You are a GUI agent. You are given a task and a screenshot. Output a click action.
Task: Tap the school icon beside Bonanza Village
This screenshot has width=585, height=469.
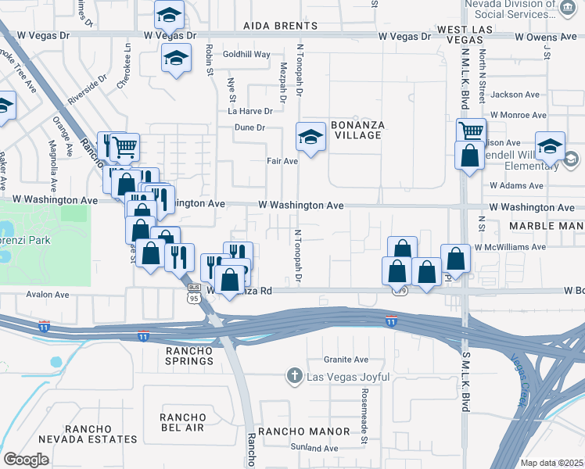[310, 138]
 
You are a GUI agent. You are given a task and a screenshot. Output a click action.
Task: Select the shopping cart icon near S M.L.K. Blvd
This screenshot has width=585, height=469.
[470, 131]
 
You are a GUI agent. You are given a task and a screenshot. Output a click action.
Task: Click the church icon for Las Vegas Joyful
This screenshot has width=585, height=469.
[294, 376]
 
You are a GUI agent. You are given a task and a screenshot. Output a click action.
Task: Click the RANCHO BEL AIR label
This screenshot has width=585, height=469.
[183, 422]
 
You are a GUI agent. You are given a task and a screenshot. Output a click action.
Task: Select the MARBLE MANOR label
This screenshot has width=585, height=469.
[546, 225]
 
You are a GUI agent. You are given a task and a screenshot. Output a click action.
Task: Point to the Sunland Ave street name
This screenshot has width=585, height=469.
[317, 448]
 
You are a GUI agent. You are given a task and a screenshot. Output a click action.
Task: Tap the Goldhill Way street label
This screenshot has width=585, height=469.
[246, 55]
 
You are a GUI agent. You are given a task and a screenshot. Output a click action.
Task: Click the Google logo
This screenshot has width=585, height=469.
[26, 459]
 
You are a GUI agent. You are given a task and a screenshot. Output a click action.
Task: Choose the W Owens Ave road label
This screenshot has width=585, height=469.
[544, 36]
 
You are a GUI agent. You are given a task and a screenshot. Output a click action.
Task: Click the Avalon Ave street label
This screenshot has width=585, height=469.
[48, 295]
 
